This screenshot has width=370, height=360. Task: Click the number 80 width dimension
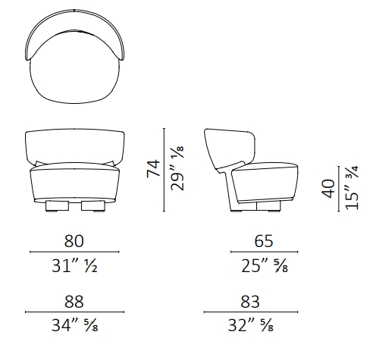(x=74, y=241)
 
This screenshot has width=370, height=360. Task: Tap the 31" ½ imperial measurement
(x=74, y=266)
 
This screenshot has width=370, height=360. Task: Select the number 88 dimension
(x=74, y=302)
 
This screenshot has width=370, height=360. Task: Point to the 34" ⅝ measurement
(x=74, y=325)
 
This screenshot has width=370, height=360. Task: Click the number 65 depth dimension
(x=264, y=241)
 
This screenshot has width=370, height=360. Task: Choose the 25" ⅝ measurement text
(x=265, y=266)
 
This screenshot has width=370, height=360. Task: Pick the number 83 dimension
(x=250, y=302)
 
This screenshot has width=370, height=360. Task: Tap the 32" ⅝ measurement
(x=250, y=325)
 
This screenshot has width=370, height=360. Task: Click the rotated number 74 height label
(x=153, y=169)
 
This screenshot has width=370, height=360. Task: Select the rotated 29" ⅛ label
(x=177, y=168)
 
